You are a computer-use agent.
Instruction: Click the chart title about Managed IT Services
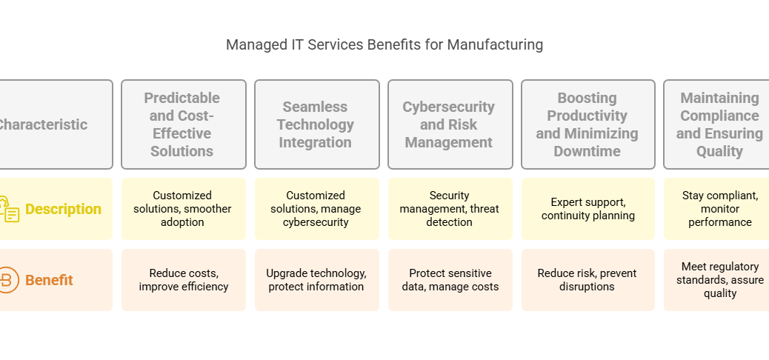[x=384, y=44]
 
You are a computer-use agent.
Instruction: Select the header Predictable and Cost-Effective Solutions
[x=184, y=124]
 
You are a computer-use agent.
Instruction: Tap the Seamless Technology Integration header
[x=317, y=124]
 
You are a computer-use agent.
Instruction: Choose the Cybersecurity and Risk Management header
[x=450, y=124]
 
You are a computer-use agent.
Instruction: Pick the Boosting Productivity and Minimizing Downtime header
[x=588, y=124]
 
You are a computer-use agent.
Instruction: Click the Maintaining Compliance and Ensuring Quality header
[x=716, y=124]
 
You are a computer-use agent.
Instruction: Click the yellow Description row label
[x=63, y=209]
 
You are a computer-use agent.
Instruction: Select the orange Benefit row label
[x=49, y=280]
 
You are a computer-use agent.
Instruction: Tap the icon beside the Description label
[x=10, y=210]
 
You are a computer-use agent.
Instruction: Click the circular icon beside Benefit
[x=8, y=280]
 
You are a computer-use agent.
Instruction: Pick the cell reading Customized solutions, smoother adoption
[x=184, y=209]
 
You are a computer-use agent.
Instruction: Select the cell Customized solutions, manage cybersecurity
[x=317, y=209]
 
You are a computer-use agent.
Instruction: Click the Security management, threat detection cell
[x=450, y=209]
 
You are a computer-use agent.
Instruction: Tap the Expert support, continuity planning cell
[x=588, y=209]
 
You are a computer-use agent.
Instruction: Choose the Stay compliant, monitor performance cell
[x=716, y=209]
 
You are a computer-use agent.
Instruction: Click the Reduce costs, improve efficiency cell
[x=184, y=280]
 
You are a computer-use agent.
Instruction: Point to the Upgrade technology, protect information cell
[x=317, y=280]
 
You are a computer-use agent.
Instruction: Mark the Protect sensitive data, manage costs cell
[x=450, y=280]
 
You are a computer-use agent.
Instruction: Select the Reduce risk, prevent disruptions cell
[x=588, y=280]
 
